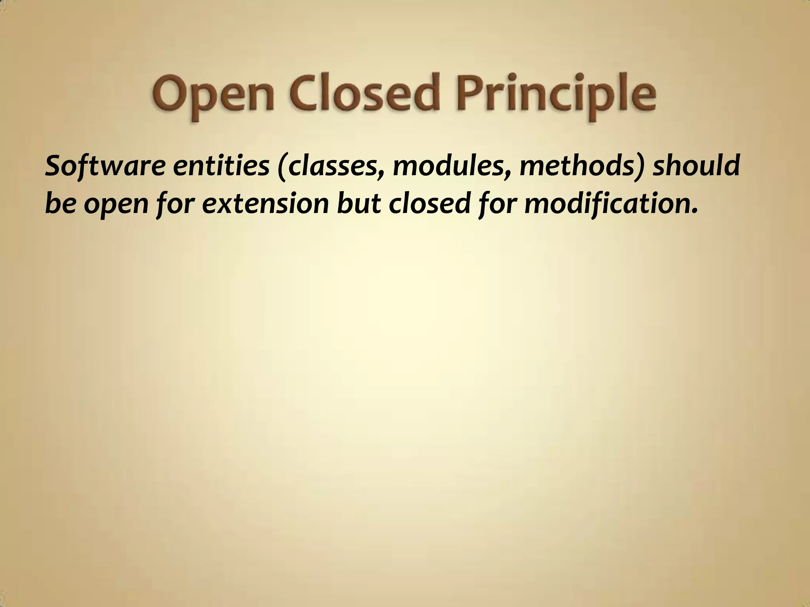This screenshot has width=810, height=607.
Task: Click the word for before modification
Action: [498, 205]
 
